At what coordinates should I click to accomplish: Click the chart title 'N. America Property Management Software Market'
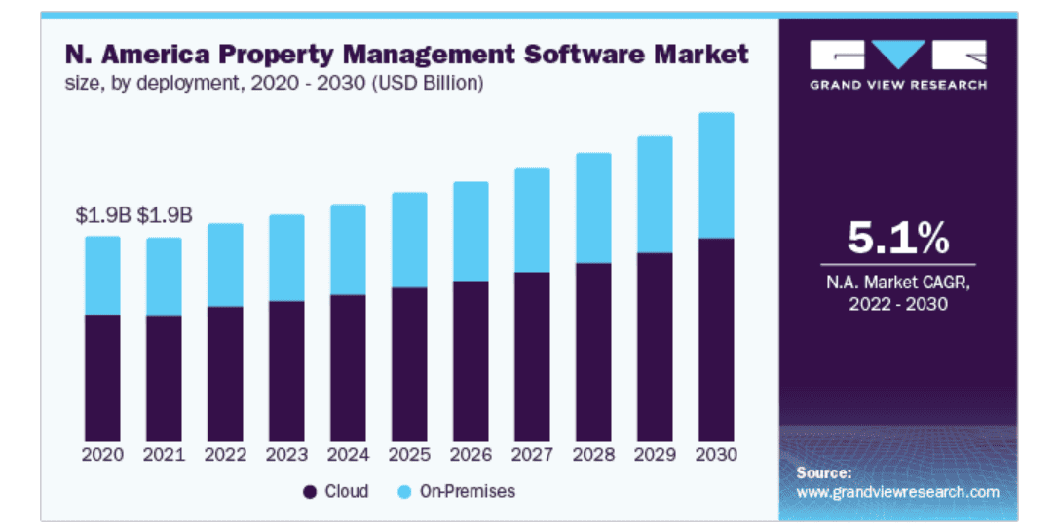pos(407,54)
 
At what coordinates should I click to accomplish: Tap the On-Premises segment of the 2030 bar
pos(716,175)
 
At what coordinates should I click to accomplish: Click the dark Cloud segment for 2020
pos(102,378)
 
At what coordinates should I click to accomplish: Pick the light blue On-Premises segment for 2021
pos(164,277)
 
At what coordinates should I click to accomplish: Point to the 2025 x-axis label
pos(409,455)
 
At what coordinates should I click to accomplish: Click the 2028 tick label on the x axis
pos(593,455)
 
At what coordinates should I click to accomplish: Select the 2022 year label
pos(225,455)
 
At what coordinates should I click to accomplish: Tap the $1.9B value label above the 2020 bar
pos(103,216)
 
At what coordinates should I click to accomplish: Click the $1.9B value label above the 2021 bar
pos(165,216)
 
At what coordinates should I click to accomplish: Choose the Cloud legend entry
pos(336,491)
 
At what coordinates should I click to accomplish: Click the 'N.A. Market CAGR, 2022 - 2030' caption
pos(896,293)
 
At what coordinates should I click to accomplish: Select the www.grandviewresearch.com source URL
pos(897,492)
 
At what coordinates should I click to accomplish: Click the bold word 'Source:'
pos(823,472)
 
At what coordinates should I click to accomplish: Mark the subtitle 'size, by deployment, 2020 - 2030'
pos(275,83)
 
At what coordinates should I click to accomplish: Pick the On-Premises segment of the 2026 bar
pos(471,232)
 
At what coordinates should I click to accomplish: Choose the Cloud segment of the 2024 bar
pos(348,368)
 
